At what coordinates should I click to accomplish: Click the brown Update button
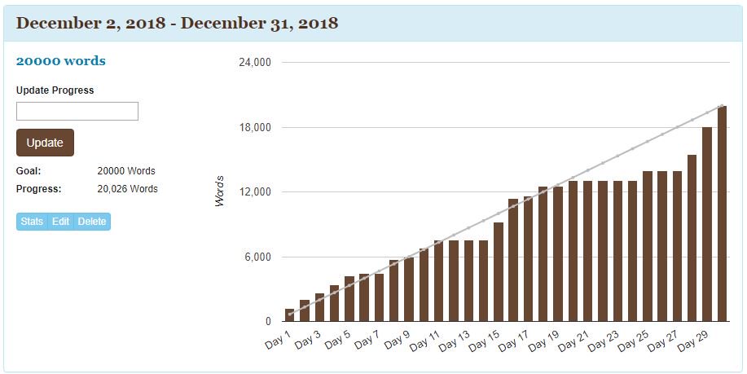tap(45, 143)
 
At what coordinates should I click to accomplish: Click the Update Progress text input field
tap(77, 112)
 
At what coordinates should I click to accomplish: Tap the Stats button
tap(32, 222)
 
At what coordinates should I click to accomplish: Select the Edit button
tap(61, 222)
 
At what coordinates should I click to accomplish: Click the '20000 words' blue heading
tap(61, 61)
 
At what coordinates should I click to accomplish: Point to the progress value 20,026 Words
tap(127, 189)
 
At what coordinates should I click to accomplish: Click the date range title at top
tap(177, 23)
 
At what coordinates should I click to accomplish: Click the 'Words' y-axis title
tap(220, 191)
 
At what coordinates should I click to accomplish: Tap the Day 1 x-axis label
tap(278, 341)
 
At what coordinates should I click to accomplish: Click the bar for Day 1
tap(290, 315)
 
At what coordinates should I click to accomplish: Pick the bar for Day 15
tap(499, 272)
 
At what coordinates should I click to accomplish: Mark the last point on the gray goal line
tap(722, 105)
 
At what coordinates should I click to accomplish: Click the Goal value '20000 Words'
tap(126, 172)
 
